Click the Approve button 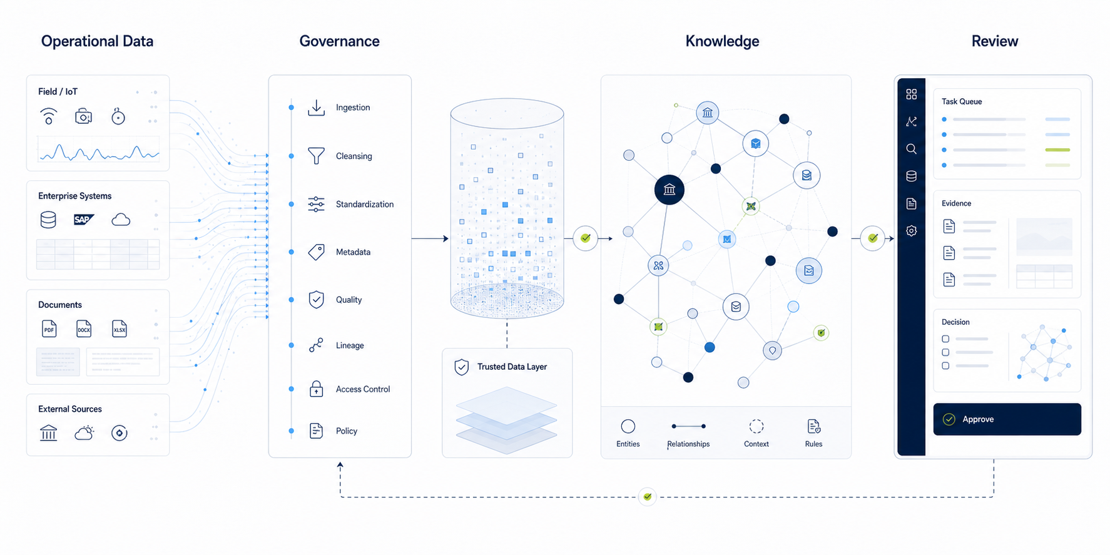pos(1007,419)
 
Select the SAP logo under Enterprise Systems pos(83,220)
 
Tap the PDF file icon pos(49,328)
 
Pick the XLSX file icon pos(119,328)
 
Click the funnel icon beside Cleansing pos(317,156)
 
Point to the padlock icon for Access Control pos(317,389)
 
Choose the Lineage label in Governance pos(350,345)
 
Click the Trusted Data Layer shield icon pos(462,367)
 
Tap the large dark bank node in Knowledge pos(669,190)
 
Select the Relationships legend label pos(688,444)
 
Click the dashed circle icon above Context pos(756,426)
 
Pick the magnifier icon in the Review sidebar pos(911,149)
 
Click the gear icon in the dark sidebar pos(911,231)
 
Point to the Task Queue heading pos(962,101)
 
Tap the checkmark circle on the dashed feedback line pos(648,497)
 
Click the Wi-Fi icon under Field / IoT pos(49,116)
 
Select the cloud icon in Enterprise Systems pos(121,220)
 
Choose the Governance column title pos(339,41)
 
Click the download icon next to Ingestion pos(317,108)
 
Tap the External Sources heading pos(70,409)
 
